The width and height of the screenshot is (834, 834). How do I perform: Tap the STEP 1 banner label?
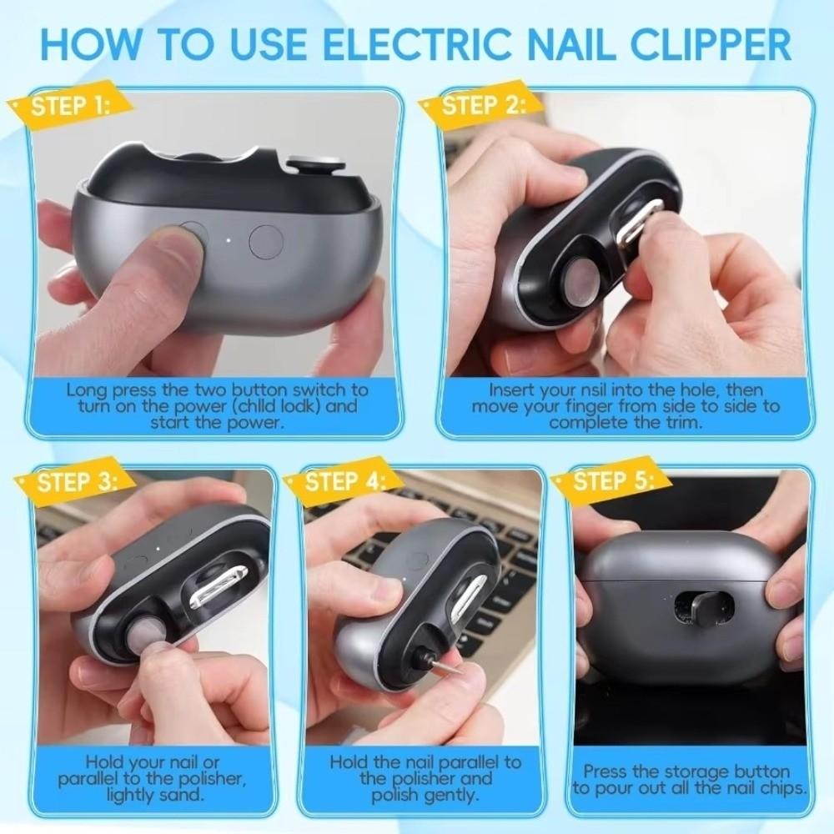click(70, 106)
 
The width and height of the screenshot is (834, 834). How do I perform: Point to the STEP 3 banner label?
click(76, 481)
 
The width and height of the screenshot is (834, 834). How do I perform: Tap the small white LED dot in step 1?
click(228, 244)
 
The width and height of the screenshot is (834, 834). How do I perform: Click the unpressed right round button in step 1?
click(266, 241)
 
